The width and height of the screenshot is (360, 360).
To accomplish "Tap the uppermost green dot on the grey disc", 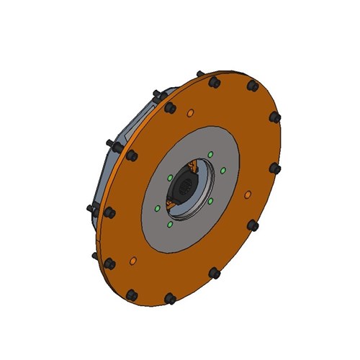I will (210, 154).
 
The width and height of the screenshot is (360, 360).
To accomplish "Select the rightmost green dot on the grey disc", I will (223, 170).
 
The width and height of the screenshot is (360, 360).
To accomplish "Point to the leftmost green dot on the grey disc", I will (157, 209).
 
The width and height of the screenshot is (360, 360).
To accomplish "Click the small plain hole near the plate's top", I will (190, 113).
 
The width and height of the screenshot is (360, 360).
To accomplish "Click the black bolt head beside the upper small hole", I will (170, 108).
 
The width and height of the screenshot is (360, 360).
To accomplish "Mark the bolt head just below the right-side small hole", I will (253, 225).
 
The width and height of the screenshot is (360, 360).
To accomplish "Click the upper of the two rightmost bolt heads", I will (274, 116).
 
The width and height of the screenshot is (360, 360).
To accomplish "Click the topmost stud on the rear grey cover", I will (156, 92).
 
